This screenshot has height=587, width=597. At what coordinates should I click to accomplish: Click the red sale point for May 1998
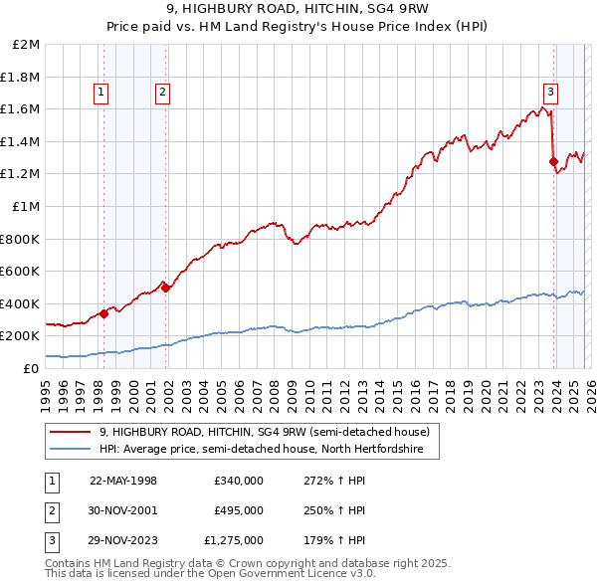(x=103, y=313)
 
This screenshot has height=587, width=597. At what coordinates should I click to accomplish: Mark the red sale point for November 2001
(x=165, y=289)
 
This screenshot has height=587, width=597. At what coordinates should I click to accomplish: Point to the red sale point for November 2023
(x=553, y=162)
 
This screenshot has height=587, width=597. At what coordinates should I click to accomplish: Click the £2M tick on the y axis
(x=27, y=45)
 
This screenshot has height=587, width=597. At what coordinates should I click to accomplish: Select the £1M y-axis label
(x=27, y=207)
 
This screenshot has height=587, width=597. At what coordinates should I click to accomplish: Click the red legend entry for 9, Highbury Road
(x=264, y=432)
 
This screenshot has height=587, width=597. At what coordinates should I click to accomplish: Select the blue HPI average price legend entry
(x=261, y=450)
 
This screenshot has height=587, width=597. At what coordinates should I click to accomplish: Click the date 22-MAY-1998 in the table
(x=123, y=481)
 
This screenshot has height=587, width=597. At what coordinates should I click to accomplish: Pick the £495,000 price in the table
(x=238, y=510)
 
